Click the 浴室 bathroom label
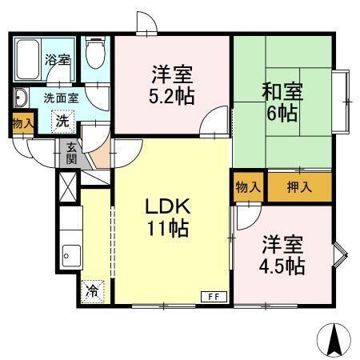(x=57, y=60)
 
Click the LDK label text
(x=167, y=206)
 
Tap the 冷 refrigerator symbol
(x=94, y=290)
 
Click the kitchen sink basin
(x=70, y=255)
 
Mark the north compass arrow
(x=335, y=342)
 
